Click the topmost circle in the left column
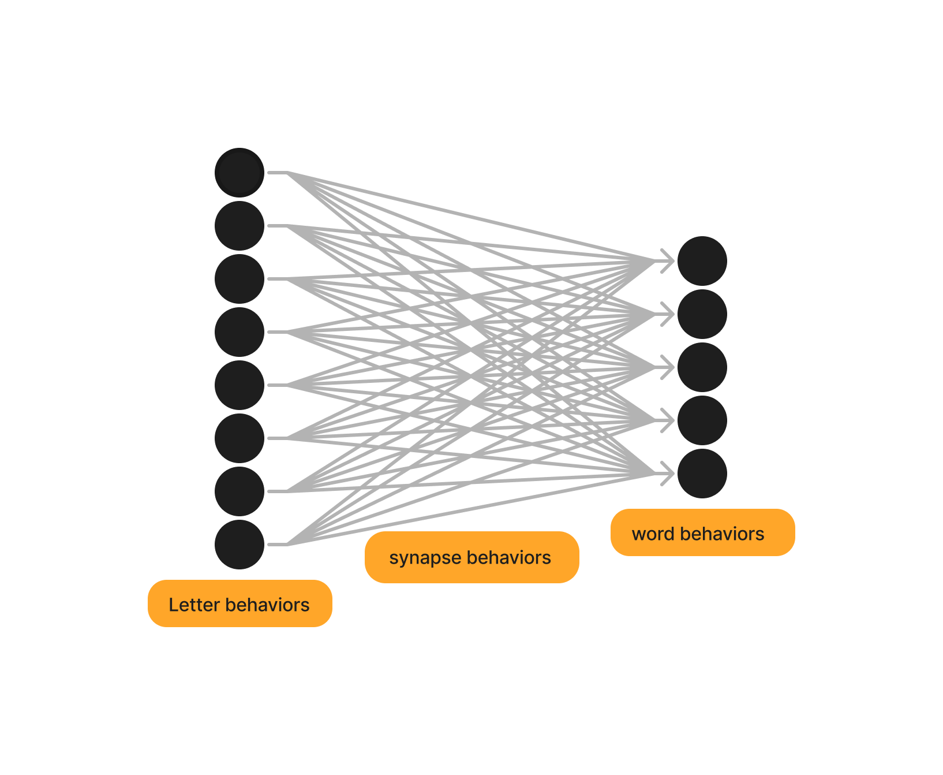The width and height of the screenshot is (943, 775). (x=240, y=173)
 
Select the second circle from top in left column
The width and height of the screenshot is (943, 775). (x=240, y=226)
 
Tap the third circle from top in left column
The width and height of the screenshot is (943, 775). (x=240, y=279)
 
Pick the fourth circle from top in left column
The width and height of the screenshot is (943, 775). (x=240, y=332)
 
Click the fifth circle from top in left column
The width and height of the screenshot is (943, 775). (x=240, y=385)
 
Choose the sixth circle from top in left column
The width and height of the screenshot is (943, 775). (x=240, y=438)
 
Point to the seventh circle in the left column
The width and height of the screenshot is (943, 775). (x=240, y=491)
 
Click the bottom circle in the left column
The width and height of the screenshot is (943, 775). (x=240, y=545)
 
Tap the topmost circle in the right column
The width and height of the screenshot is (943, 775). (x=702, y=261)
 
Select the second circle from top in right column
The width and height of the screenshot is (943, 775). (x=702, y=314)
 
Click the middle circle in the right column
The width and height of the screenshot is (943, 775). (x=702, y=367)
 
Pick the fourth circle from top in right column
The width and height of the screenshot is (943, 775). (x=702, y=420)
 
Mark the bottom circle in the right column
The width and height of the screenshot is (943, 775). (x=702, y=474)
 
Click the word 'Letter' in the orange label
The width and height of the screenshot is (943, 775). (x=194, y=605)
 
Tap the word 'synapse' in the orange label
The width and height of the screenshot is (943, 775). (x=425, y=558)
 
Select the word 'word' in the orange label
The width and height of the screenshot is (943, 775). (x=653, y=534)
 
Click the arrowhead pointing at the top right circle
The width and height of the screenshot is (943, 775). (x=668, y=261)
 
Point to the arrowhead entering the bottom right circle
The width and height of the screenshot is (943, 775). (x=668, y=474)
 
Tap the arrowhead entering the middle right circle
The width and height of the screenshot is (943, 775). (x=668, y=367)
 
